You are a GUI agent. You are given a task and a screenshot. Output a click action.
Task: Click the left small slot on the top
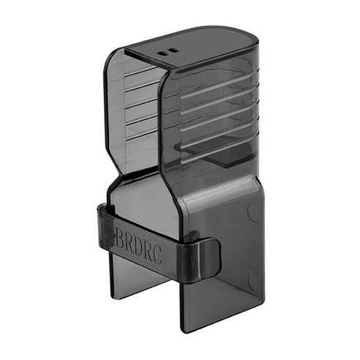(162, 53)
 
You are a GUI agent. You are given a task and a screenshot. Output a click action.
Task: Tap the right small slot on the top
(173, 50)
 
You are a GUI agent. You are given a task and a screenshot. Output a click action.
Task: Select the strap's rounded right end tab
(209, 259)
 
